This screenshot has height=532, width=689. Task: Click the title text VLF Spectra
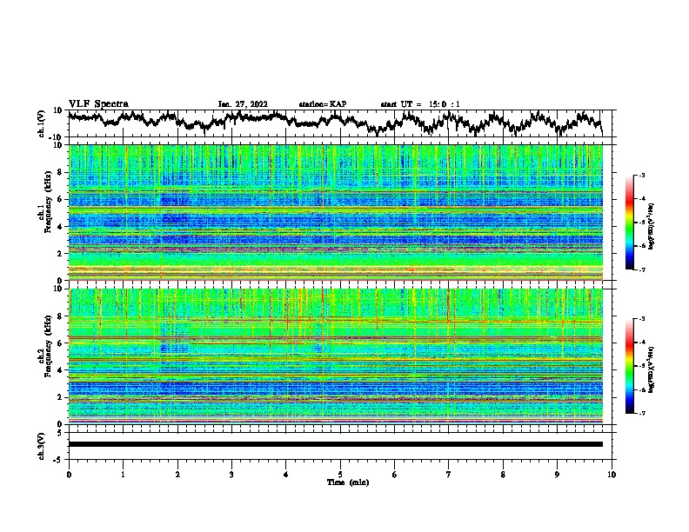pyautogui.click(x=98, y=104)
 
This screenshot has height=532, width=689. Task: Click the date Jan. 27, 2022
pyautogui.click(x=243, y=104)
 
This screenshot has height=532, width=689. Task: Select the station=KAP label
pyautogui.click(x=323, y=104)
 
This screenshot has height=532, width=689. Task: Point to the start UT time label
pyautogui.click(x=420, y=104)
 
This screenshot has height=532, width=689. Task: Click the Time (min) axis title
pyautogui.click(x=340, y=482)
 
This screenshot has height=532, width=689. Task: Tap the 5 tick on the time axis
pyautogui.click(x=340, y=474)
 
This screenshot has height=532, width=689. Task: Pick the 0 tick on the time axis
pyautogui.click(x=69, y=474)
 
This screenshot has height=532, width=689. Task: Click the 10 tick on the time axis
pyautogui.click(x=612, y=474)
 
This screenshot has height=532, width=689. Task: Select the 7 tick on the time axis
pyautogui.click(x=449, y=474)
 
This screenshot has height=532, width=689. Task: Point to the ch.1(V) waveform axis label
pyautogui.click(x=42, y=123)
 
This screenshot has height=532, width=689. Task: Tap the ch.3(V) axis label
pyautogui.click(x=42, y=444)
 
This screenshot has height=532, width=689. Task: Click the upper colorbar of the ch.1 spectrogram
pyautogui.click(x=639, y=223)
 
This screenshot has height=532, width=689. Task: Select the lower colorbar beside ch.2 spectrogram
pyautogui.click(x=639, y=367)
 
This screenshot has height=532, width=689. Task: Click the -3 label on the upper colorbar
pyautogui.click(x=642, y=176)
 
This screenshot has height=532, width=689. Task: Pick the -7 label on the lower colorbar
pyautogui.click(x=642, y=415)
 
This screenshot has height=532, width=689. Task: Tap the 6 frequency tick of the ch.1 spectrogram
pyautogui.click(x=61, y=199)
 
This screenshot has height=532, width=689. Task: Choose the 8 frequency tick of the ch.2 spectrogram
pyautogui.click(x=61, y=316)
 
